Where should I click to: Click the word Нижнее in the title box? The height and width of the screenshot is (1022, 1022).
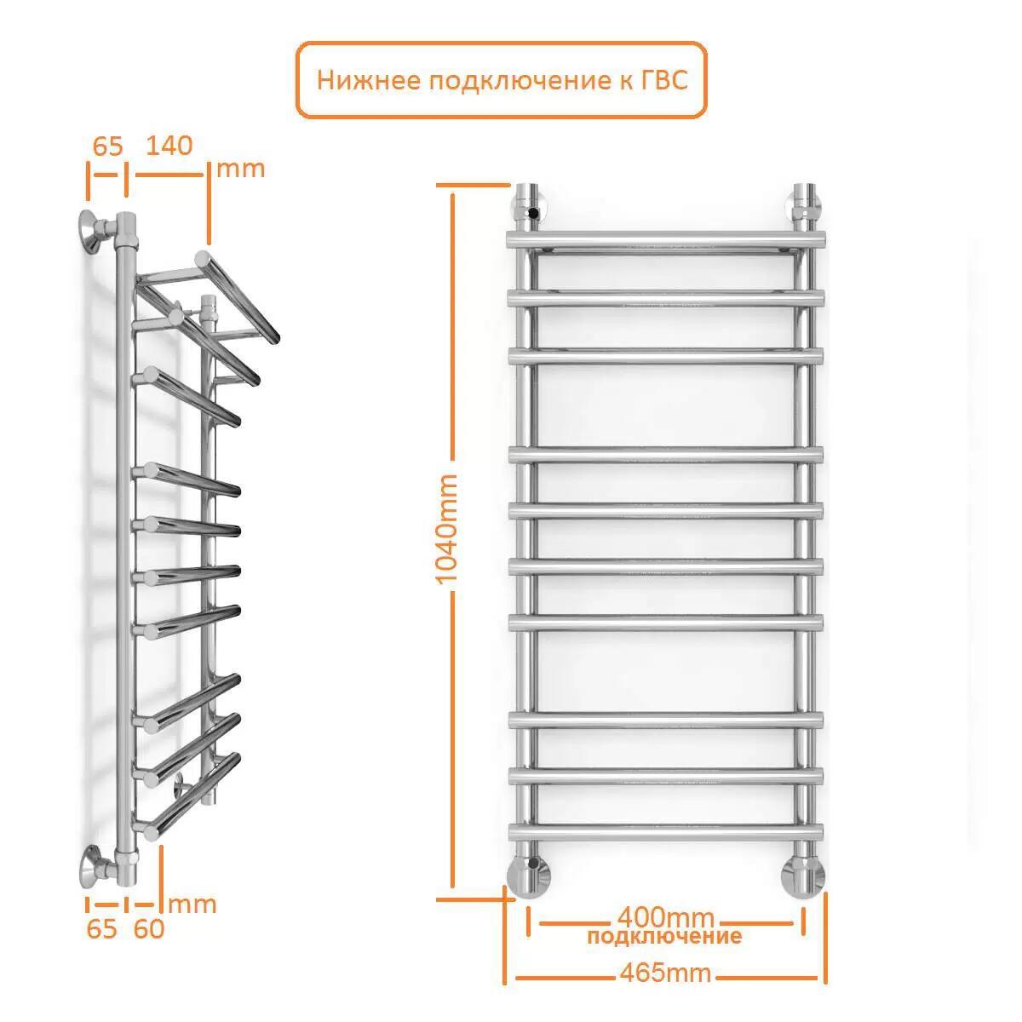368,81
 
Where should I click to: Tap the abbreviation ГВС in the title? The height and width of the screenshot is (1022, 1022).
665,80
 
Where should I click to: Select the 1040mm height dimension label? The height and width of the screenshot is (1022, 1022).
445,529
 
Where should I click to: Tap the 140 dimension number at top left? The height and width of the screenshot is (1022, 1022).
169,146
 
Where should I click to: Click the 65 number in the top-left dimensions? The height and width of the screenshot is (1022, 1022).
107,146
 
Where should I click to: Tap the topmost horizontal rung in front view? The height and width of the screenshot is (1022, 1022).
666,239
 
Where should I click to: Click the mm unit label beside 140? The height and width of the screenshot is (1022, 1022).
241,169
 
